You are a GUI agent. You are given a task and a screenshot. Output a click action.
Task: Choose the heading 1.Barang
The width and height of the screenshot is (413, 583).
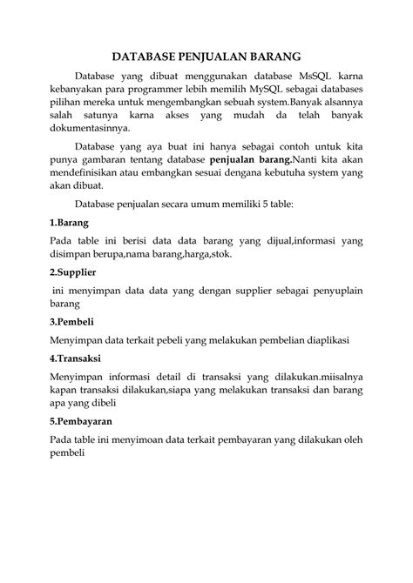(x=69, y=222)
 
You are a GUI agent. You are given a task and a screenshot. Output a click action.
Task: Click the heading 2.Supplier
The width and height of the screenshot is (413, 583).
(x=73, y=272)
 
